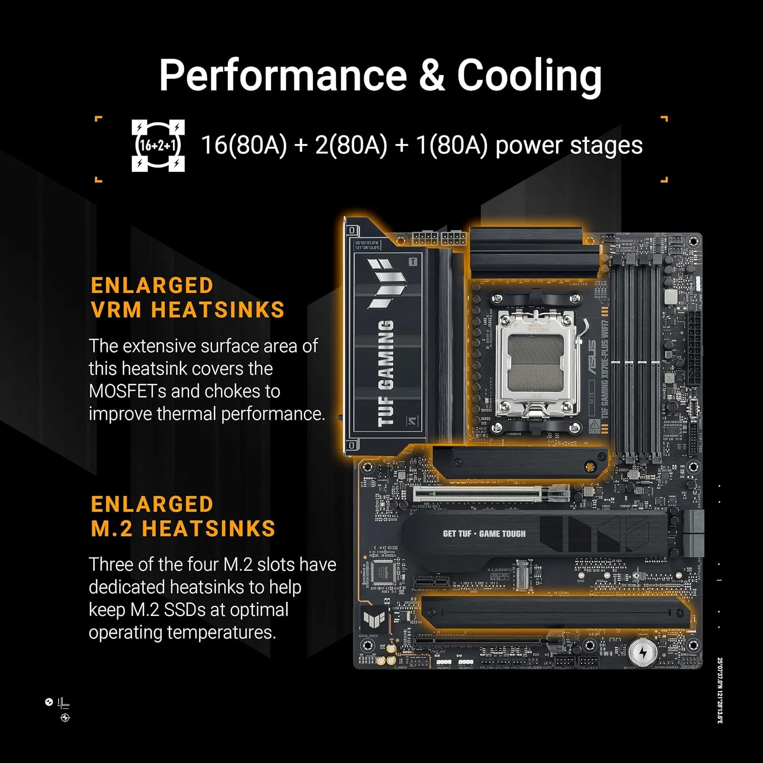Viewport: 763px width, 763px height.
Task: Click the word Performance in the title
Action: click(283, 75)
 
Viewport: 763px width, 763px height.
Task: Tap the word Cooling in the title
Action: click(529, 75)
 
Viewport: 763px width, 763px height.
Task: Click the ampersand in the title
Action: click(432, 75)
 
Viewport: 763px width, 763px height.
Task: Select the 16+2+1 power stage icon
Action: click(158, 145)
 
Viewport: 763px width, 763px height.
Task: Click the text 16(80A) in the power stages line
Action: click(244, 145)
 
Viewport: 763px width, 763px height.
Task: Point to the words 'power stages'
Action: click(569, 145)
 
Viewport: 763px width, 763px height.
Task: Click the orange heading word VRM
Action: click(116, 310)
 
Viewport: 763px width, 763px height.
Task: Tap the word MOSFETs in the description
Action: click(127, 391)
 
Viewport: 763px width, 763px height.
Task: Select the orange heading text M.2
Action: click(111, 529)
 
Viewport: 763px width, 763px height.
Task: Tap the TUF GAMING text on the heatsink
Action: click(386, 374)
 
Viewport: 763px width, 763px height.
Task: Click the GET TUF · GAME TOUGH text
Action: click(484, 534)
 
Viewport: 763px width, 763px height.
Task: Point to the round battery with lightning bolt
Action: click(642, 652)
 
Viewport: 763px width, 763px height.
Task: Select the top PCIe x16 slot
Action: click(483, 493)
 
